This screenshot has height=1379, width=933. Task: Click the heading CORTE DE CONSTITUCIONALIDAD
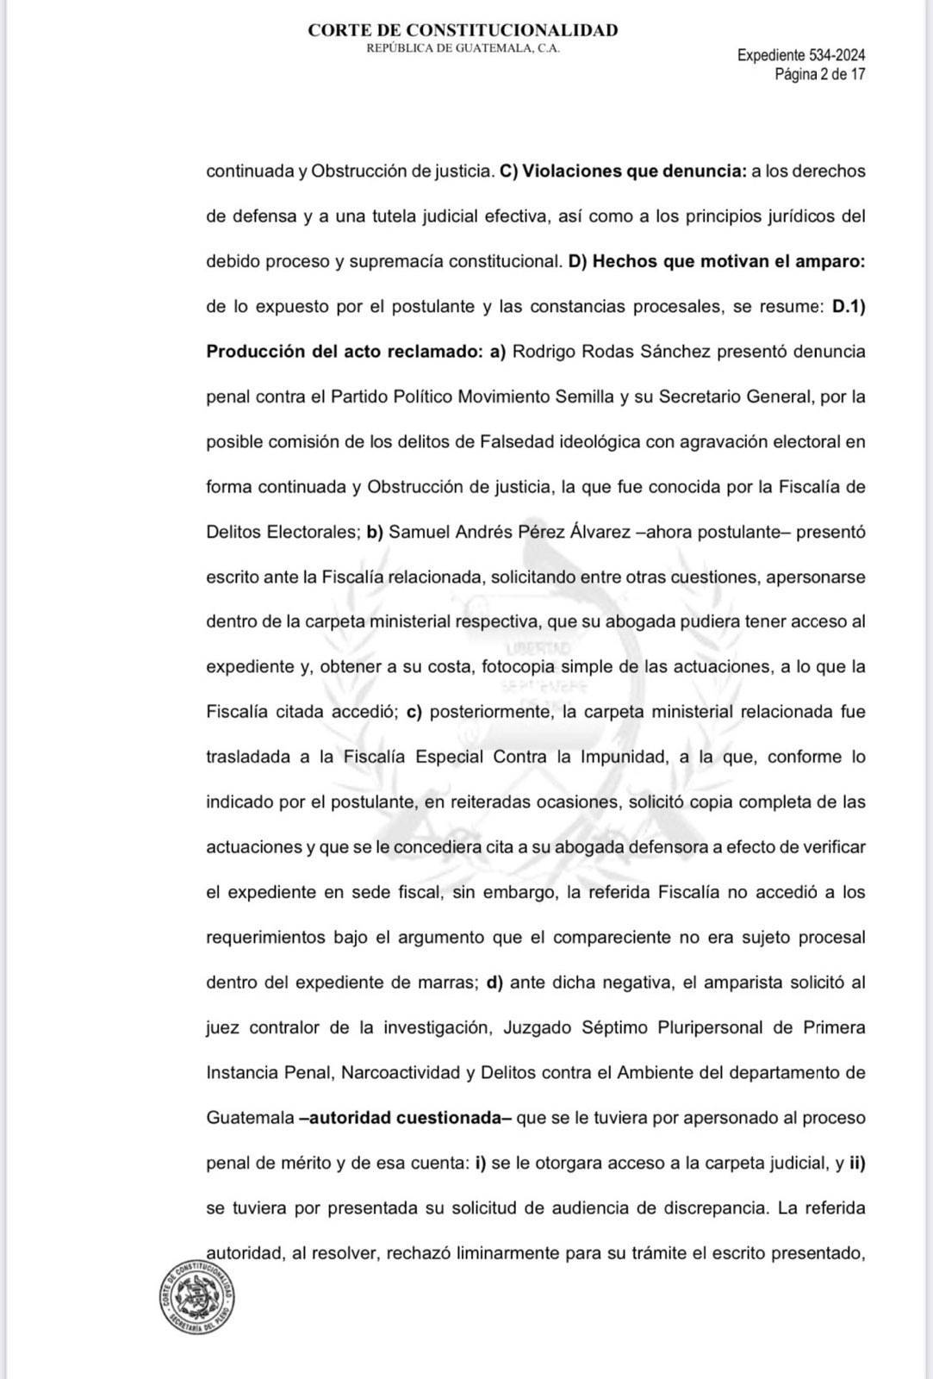pyautogui.click(x=463, y=30)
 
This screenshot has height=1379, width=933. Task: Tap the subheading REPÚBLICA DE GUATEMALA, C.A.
pyautogui.click(x=463, y=48)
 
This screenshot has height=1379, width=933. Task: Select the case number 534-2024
pyautogui.click(x=837, y=55)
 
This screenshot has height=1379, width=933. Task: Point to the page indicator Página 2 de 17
pyautogui.click(x=819, y=74)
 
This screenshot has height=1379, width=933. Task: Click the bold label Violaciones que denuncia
pyautogui.click(x=634, y=171)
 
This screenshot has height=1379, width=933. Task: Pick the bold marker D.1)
pyautogui.click(x=848, y=306)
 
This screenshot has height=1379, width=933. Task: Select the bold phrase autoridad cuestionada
pyautogui.click(x=404, y=1118)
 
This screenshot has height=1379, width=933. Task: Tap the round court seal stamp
pyautogui.click(x=197, y=1297)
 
